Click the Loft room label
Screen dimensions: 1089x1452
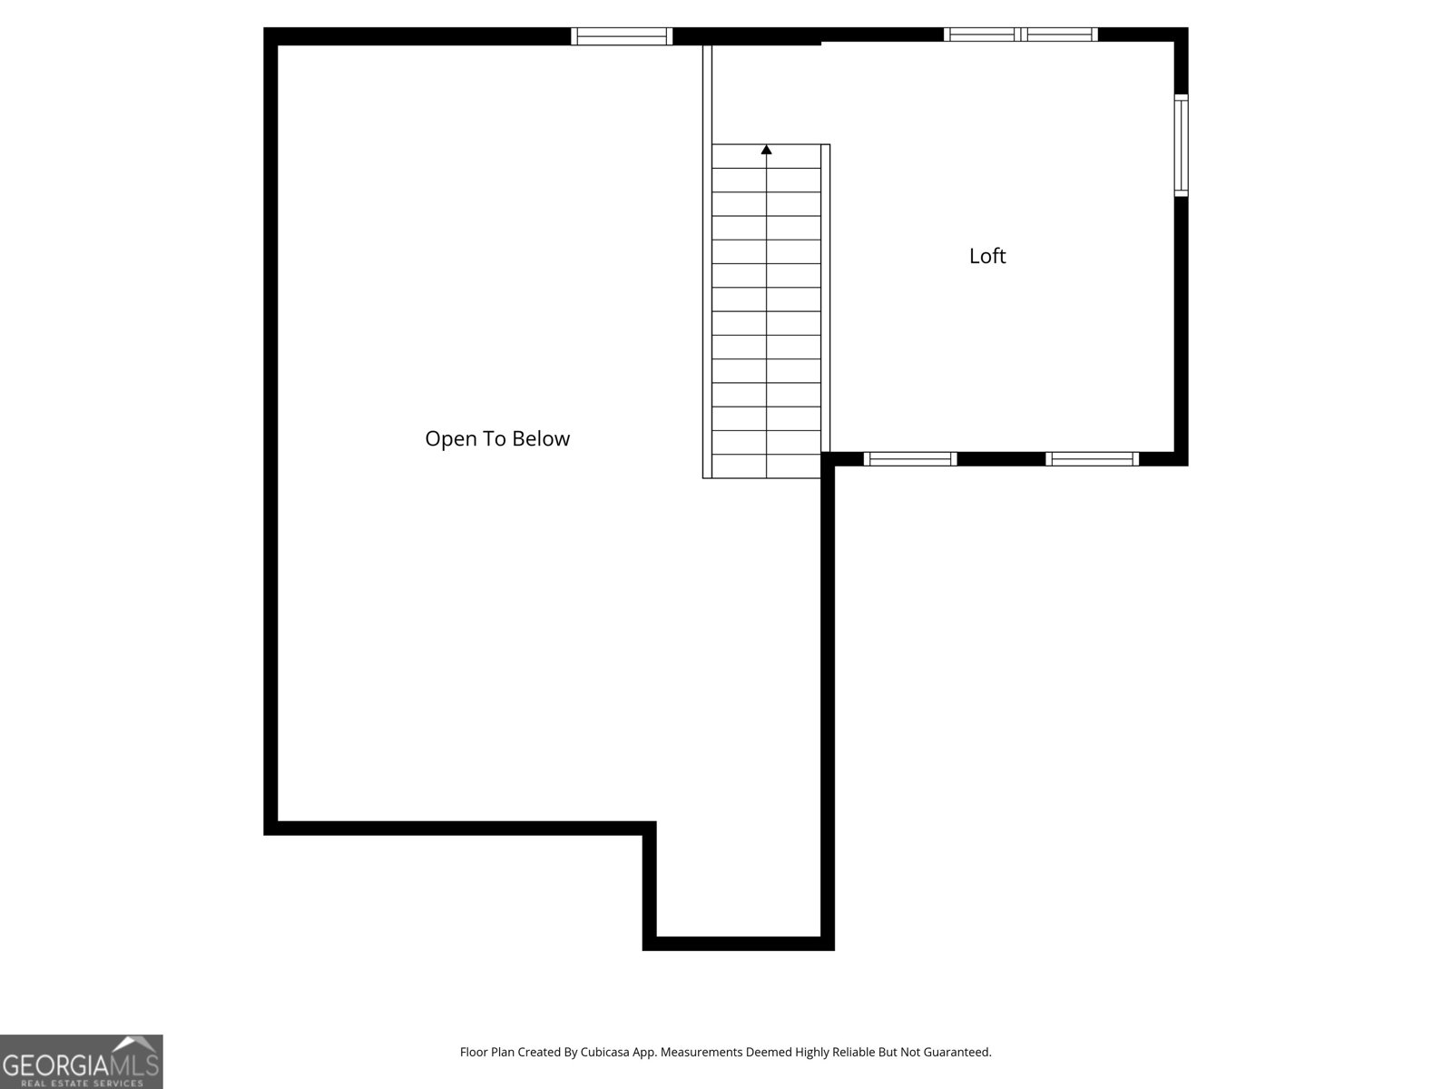tap(987, 256)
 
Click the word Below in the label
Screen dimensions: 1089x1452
tap(541, 438)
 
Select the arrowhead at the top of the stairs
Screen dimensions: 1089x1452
tap(767, 150)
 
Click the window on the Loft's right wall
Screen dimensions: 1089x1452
tap(1181, 145)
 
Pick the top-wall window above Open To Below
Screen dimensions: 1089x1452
tap(622, 36)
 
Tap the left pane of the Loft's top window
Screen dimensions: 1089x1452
tap(981, 34)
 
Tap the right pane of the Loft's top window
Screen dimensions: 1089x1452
tap(1060, 34)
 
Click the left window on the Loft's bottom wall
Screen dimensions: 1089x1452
tap(910, 459)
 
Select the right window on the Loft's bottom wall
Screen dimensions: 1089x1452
tap(1092, 459)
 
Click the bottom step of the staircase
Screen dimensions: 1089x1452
tap(767, 466)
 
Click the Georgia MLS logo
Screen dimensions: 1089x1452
tap(81, 1062)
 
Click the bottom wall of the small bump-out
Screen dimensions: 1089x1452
tap(738, 944)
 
